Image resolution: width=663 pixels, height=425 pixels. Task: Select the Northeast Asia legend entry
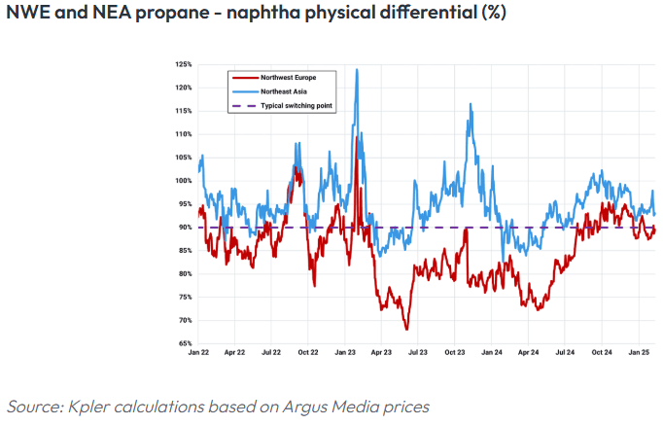coord(280,90)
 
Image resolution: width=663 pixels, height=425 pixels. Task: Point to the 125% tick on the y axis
coord(184,64)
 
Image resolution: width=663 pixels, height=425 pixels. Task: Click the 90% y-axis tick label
coord(185,228)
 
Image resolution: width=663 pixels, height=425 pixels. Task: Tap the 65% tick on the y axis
coord(185,344)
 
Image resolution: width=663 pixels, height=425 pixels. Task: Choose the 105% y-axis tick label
coord(184,158)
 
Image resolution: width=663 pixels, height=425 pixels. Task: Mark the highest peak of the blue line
coord(358,69)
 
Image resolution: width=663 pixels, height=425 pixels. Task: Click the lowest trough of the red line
coord(407,329)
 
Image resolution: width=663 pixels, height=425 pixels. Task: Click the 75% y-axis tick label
coord(185,298)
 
